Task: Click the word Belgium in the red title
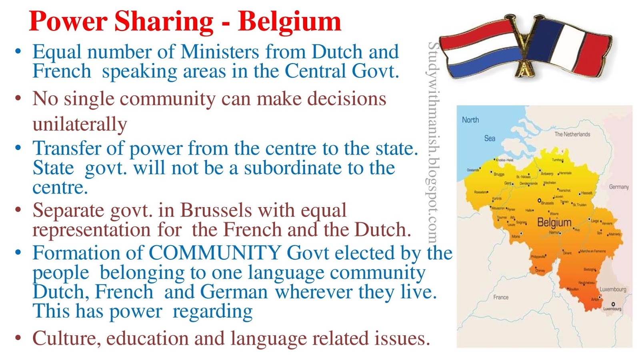(289, 22)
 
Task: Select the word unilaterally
(80, 124)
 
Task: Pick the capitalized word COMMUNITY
(215, 253)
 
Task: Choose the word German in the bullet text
(234, 292)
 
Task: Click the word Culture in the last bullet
(64, 338)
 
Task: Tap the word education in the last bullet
(148, 338)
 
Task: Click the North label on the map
(470, 120)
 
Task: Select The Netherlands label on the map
(572, 134)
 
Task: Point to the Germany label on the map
(619, 187)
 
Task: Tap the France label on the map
(501, 297)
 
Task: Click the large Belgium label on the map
(554, 222)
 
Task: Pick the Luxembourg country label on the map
(613, 289)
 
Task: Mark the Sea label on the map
(490, 138)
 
